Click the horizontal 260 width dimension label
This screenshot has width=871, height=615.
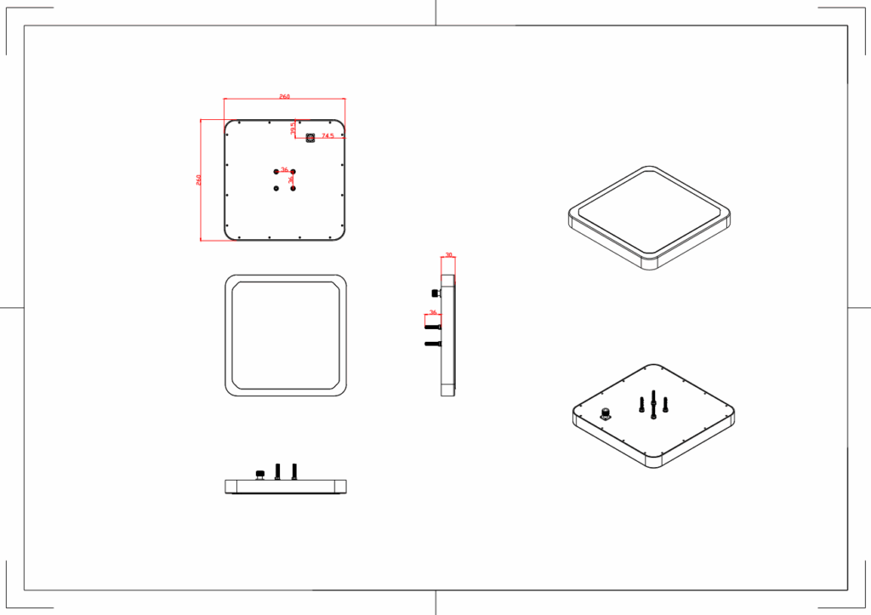click(284, 97)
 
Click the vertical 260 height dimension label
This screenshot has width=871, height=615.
click(198, 179)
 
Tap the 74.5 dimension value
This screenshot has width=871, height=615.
click(327, 135)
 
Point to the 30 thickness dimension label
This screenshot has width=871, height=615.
click(448, 255)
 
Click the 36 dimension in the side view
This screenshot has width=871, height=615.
click(433, 312)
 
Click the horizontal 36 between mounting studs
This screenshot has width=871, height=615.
click(284, 170)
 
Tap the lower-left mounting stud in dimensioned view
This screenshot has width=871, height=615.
click(276, 188)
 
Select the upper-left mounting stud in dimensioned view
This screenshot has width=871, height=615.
click(276, 172)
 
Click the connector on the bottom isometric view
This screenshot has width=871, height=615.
click(606, 414)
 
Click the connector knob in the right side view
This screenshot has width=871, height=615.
click(435, 293)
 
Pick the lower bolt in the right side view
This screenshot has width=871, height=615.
click(433, 344)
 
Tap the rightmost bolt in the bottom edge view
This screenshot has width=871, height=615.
click(294, 470)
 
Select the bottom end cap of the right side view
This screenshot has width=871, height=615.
click(448, 390)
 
